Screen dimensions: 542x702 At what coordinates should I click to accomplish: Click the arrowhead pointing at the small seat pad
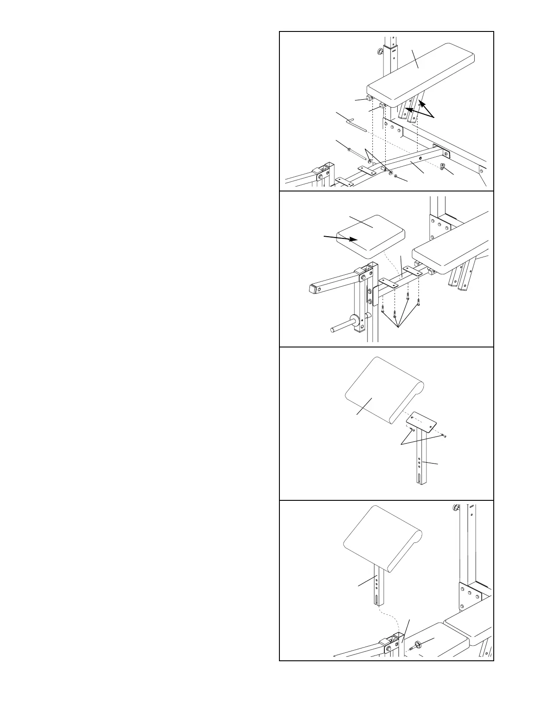click(x=354, y=240)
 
